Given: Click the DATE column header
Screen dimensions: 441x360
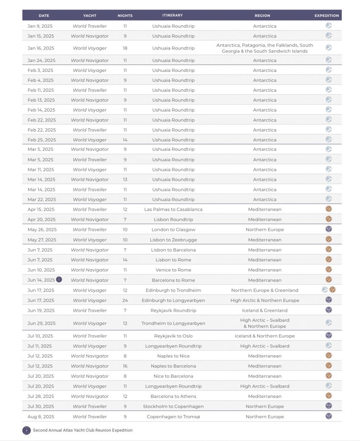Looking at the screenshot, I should pyautogui.click(x=44, y=16).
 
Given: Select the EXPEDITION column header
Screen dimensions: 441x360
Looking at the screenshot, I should pyautogui.click(x=326, y=16).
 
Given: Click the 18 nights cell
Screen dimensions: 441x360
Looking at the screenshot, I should pyautogui.click(x=125, y=48).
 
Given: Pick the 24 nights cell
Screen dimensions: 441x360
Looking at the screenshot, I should pyautogui.click(x=125, y=300).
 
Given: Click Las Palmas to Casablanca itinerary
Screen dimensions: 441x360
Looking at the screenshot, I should pyautogui.click(x=173, y=209).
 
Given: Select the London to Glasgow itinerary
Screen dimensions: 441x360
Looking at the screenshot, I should pyautogui.click(x=173, y=230).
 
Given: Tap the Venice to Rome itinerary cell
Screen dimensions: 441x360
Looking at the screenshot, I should pyautogui.click(x=173, y=270).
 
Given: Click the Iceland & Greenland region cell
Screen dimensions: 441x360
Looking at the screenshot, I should pyautogui.click(x=265, y=311).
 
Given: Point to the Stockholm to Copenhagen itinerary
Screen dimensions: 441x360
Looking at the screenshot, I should pyautogui.click(x=173, y=406).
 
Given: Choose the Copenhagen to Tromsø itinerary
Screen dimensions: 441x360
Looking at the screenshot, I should pyautogui.click(x=173, y=416).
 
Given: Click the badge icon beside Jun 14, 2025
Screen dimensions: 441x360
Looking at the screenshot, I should pyautogui.click(x=59, y=280).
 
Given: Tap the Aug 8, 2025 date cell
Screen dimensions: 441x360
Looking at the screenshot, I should pyautogui.click(x=41, y=416).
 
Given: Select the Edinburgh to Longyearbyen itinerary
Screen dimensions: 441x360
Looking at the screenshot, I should pyautogui.click(x=173, y=300).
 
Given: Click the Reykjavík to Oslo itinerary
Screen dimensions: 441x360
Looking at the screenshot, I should pyautogui.click(x=173, y=336).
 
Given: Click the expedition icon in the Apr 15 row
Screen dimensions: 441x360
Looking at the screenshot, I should pyautogui.click(x=329, y=209).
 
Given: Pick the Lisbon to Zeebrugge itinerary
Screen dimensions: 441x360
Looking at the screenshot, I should pyautogui.click(x=173, y=240).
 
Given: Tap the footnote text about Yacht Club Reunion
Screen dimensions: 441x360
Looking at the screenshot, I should pyautogui.click(x=83, y=430).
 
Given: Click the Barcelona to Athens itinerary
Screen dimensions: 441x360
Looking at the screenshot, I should pyautogui.click(x=173, y=396).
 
